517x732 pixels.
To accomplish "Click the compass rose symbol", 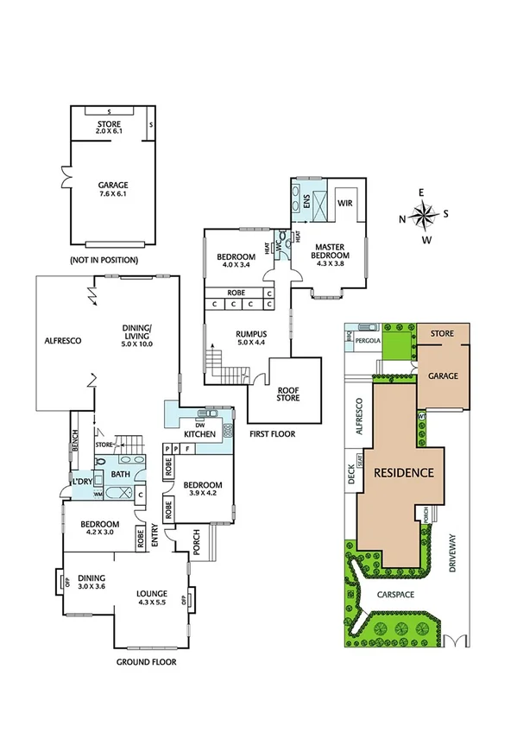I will tap(425, 216).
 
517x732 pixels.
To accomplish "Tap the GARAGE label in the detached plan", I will tap(112, 189).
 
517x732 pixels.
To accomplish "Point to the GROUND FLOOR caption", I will tap(146, 662).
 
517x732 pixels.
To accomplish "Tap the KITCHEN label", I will tap(200, 432).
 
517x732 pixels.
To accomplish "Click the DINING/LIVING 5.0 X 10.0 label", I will tap(137, 333).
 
